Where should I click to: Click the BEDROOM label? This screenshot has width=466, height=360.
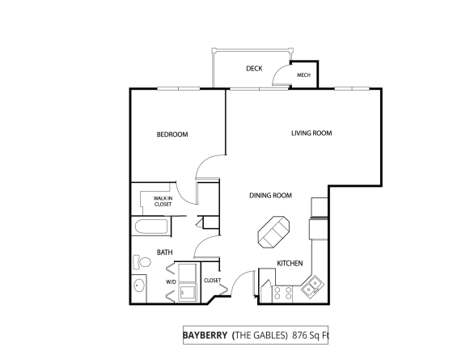(172, 134)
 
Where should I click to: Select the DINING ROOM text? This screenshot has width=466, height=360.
(270, 195)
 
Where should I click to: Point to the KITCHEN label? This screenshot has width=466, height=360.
(290, 264)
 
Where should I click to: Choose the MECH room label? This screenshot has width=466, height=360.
(304, 75)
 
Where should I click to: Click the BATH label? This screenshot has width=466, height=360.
(165, 252)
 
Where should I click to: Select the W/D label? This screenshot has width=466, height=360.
(171, 282)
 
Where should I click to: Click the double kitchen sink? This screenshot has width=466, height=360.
(311, 285)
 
